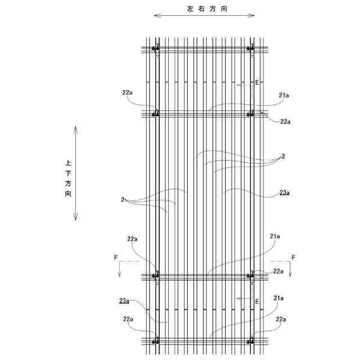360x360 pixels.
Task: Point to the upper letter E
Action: point(257,83)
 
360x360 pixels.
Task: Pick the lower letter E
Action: point(257,301)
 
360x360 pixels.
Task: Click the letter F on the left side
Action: point(116,257)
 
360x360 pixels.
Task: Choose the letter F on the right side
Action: point(292,257)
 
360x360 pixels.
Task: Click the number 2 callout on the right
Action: point(283,156)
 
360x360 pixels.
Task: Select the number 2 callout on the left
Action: point(122,199)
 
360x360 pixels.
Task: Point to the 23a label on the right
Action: point(284,193)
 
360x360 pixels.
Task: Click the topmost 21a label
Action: point(283,95)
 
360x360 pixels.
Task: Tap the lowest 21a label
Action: point(278,298)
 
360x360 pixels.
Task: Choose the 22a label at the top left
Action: point(127,92)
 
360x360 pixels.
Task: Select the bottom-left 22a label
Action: point(128,319)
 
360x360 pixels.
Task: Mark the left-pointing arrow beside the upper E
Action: point(244,85)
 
